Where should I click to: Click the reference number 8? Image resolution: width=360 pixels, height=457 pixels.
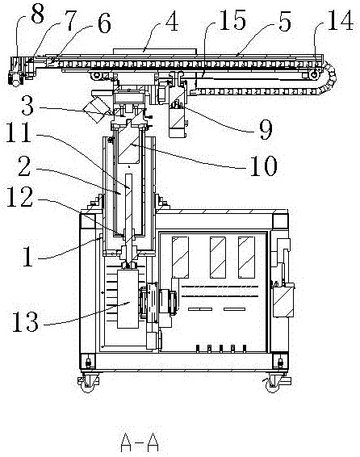click(38, 14)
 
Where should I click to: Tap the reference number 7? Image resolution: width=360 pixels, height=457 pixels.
click(70, 21)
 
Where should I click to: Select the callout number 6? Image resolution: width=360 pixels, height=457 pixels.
click(104, 24)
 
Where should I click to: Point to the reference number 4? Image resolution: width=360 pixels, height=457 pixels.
click(172, 21)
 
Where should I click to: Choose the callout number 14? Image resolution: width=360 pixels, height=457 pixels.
click(341, 20)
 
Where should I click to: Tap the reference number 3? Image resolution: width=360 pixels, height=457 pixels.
click(27, 106)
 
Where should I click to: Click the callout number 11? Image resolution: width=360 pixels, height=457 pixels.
click(19, 132)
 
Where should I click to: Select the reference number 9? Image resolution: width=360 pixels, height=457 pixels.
click(266, 131)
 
